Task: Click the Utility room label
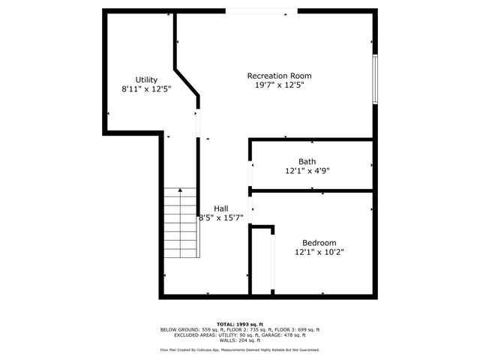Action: pos(146,79)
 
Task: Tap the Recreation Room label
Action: pos(279,76)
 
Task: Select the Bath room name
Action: pos(307,161)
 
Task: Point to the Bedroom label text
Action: pos(319,242)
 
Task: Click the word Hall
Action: pos(221,208)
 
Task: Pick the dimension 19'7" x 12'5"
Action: pos(279,85)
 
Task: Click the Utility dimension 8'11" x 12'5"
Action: pos(146,89)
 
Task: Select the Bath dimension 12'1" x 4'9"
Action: pos(307,171)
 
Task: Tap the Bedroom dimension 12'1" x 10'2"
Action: pos(319,252)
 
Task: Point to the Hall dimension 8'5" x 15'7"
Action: pos(220,218)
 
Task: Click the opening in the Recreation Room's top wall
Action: pos(255,10)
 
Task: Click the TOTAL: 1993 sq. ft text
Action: pos(239,324)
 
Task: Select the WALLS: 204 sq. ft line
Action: pos(239,340)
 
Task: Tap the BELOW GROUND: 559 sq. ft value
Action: pos(187,330)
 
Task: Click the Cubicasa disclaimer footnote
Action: pos(239,349)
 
